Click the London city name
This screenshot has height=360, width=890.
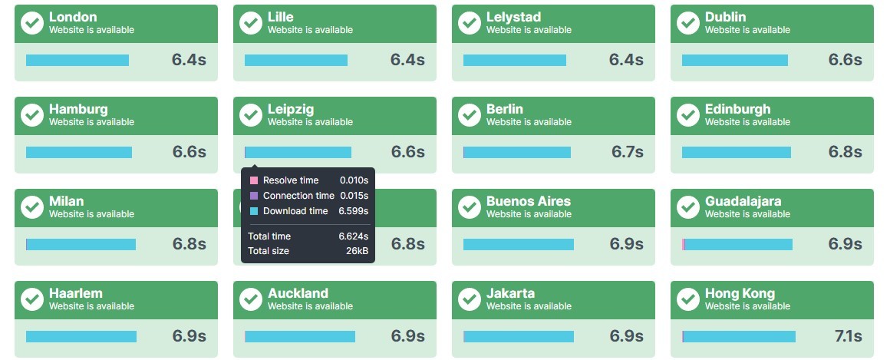(x=73, y=17)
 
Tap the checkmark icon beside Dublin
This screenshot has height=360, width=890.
(x=688, y=23)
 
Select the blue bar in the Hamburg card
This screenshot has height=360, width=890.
(x=79, y=152)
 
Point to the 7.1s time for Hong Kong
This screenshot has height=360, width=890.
(x=848, y=336)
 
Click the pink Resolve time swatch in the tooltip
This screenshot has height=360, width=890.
(x=254, y=180)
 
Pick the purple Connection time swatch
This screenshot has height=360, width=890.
(x=254, y=196)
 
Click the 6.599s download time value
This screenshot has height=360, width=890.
(x=354, y=211)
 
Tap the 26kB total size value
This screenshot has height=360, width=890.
(x=357, y=251)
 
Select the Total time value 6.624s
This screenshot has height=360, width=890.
(x=354, y=236)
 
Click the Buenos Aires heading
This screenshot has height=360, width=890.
(x=529, y=202)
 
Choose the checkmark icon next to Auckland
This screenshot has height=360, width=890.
(x=251, y=299)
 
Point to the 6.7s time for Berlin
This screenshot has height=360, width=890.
(x=627, y=152)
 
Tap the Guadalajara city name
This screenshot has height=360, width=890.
(x=743, y=202)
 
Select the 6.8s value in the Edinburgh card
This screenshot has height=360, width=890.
(x=845, y=152)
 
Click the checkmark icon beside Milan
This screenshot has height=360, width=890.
(x=32, y=207)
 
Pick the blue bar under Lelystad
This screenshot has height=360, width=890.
(x=515, y=60)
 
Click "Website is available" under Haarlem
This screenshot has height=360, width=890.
(x=91, y=306)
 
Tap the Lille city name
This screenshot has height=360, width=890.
(x=280, y=17)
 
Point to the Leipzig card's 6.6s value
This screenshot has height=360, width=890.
(x=408, y=152)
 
